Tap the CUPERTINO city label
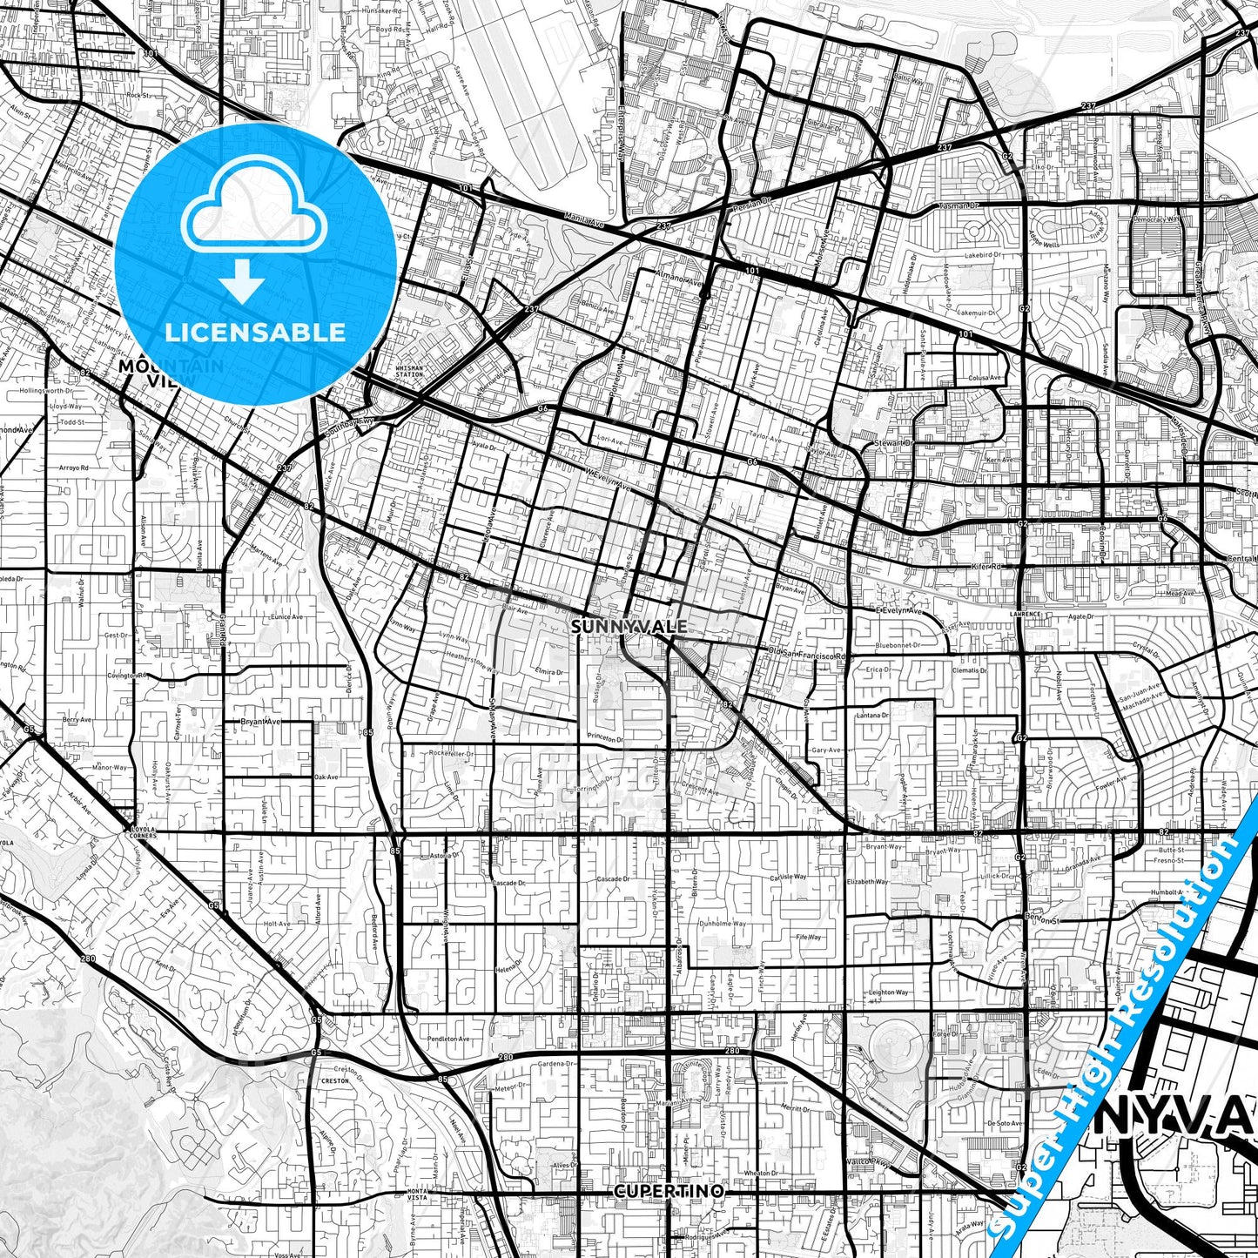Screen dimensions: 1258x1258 pos(668,1189)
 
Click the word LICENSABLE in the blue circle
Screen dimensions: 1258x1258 pos(255,332)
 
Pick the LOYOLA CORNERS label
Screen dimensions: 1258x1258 pos(140,832)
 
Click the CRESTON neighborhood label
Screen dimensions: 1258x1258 pos(335,1080)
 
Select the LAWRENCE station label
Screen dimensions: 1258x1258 pos(1026,614)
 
